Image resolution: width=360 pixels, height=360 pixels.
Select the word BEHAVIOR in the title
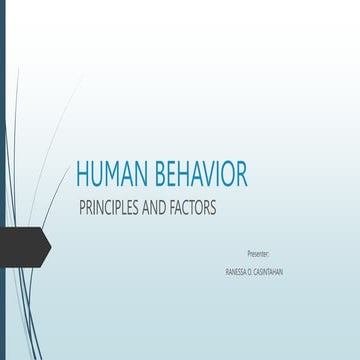tap(198, 175)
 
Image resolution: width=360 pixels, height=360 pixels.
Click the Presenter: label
tap(258, 254)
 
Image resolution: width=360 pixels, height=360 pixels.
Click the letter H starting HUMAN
tap(84, 175)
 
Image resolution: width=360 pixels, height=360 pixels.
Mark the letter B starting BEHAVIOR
tap(157, 175)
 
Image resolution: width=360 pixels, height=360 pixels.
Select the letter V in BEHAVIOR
tap(207, 175)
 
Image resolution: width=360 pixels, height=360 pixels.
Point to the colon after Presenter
tap(270, 254)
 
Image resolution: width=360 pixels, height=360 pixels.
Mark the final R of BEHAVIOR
tap(241, 175)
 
